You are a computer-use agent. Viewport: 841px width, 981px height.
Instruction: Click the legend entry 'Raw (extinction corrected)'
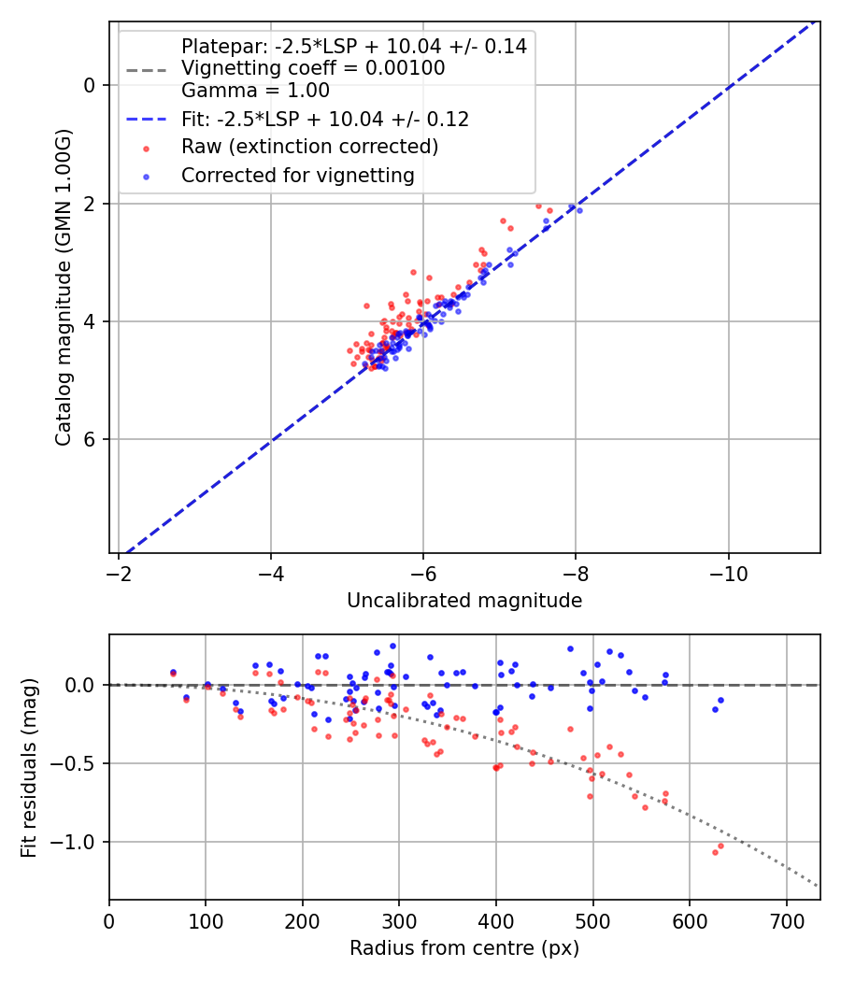309,147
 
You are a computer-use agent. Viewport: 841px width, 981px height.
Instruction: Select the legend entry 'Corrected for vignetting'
297,175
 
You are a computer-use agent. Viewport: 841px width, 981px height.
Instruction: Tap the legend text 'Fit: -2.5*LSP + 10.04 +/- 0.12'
325,120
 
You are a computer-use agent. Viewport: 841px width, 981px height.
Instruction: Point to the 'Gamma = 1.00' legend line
255,91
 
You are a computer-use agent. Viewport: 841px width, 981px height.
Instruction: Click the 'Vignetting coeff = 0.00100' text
313,68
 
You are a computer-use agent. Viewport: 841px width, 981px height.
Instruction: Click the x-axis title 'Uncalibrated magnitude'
464,601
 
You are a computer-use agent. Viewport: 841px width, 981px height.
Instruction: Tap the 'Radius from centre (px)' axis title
464,948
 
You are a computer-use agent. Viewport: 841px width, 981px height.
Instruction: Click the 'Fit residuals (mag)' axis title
30,768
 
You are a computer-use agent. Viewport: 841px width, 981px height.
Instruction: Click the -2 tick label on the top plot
119,574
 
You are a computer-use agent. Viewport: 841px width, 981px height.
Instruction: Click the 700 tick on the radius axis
786,921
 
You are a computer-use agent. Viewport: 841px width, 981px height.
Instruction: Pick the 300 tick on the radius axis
399,921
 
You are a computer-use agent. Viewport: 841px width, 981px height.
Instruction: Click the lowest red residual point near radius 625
715,852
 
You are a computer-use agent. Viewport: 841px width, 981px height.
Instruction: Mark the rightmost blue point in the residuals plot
720,700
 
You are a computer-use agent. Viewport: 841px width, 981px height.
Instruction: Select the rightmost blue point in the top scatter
579,210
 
